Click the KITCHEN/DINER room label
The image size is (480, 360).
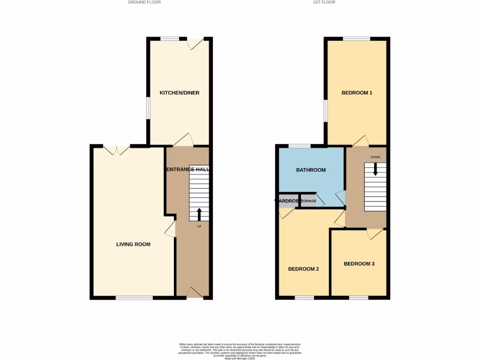(x=180, y=93)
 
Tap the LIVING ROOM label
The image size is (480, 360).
(x=133, y=244)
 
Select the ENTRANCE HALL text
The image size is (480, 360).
(x=187, y=169)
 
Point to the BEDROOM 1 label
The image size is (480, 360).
(x=357, y=93)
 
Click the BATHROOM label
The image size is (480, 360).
(x=311, y=170)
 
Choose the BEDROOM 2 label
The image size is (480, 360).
(x=303, y=269)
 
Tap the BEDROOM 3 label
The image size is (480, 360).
(x=359, y=264)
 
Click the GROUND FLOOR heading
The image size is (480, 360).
(x=144, y=2)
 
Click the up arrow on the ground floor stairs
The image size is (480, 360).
(x=199, y=214)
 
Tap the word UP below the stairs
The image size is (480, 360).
(x=199, y=227)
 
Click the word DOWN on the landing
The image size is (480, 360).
(x=375, y=157)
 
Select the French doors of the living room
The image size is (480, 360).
(x=117, y=150)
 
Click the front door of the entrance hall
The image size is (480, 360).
(x=194, y=293)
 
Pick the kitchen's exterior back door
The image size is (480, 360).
(x=195, y=43)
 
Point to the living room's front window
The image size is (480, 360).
(x=134, y=298)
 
